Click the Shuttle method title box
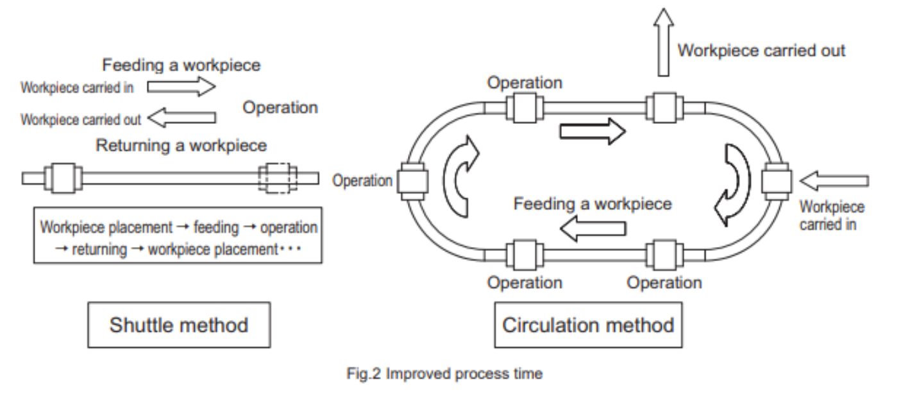[179, 325]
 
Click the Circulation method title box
[588, 325]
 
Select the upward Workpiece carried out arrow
[663, 42]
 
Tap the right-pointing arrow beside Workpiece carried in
[181, 87]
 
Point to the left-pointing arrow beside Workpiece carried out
[181, 117]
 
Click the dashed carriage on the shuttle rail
[278, 178]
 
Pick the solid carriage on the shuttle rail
[63, 178]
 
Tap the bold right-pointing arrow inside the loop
[593, 132]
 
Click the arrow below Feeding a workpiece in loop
[593, 228]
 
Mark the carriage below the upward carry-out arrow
[664, 108]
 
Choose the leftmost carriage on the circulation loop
[413, 181]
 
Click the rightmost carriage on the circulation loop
[777, 181]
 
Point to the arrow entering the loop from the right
[834, 181]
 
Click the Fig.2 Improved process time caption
[444, 373]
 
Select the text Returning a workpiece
[181, 146]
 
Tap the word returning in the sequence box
[99, 250]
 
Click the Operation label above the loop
[525, 83]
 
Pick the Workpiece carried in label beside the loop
[832, 216]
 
